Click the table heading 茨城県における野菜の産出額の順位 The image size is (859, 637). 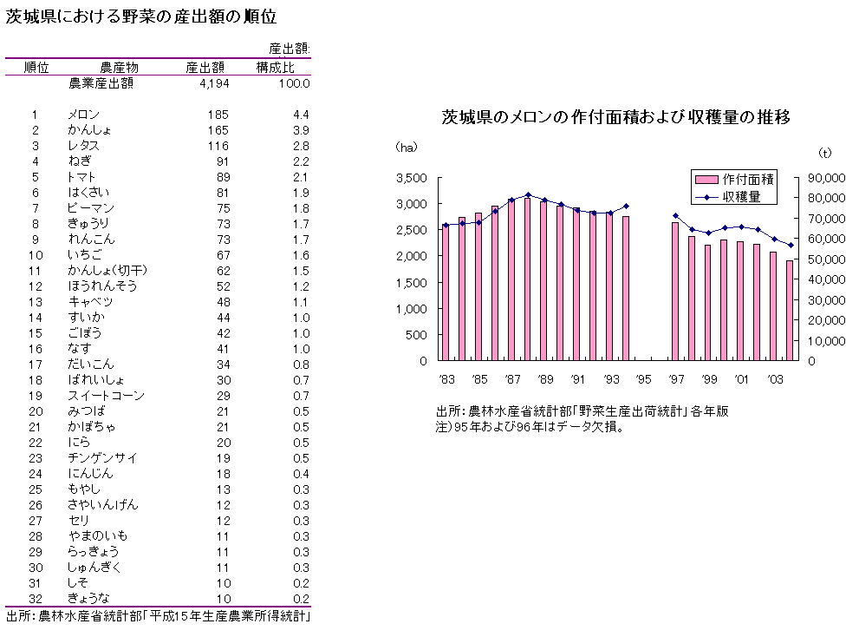point(142,17)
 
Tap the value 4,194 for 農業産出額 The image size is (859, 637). point(212,83)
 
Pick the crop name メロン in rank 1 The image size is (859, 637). point(84,115)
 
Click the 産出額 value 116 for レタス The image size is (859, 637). point(218,146)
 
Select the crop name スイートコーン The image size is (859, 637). point(101,396)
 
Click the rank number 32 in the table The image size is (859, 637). point(36,598)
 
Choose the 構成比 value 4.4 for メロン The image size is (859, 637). point(301,115)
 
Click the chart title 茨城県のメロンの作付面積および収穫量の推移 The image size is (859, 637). point(615,117)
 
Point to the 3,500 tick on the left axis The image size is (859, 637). point(411,178)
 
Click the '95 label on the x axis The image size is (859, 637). point(643,378)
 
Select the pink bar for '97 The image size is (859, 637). point(675,292)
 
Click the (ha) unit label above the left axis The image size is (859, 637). point(407,148)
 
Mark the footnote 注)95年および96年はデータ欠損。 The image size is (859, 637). point(529,427)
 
